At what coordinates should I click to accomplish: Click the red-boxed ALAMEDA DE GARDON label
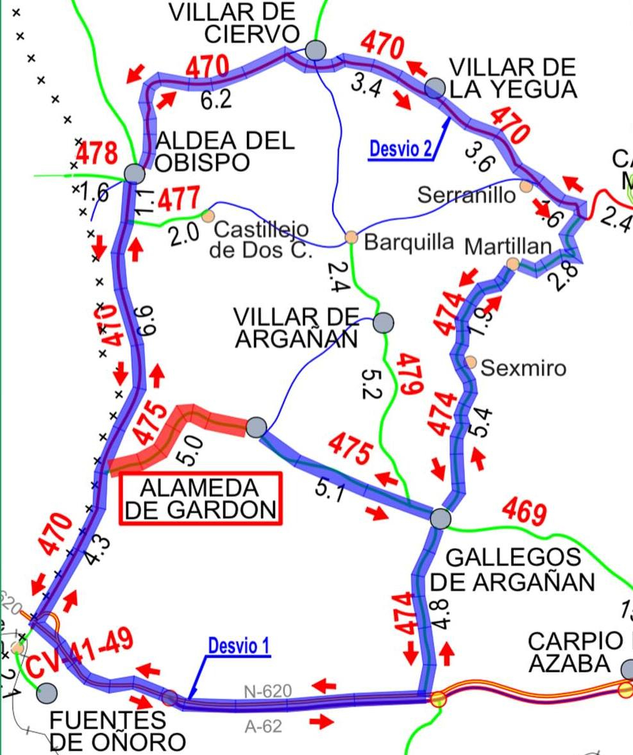point(201,499)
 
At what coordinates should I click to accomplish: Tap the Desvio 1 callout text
point(239,646)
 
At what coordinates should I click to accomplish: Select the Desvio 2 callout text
point(400,149)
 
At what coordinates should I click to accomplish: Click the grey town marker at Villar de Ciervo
point(315,49)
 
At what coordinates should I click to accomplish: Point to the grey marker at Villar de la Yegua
point(435,88)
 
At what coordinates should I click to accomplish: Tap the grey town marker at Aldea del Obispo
point(134,173)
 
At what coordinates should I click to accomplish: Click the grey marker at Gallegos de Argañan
point(440,518)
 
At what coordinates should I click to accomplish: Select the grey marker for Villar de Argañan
point(384,322)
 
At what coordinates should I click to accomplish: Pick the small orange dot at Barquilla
point(351,237)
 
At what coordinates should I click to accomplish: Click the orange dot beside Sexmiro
point(471,362)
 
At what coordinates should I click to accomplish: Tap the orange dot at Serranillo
point(526,186)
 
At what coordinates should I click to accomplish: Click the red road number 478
point(97,154)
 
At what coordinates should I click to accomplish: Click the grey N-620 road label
point(267,692)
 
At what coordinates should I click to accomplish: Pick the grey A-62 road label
point(264,727)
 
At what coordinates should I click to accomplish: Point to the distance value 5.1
point(332,489)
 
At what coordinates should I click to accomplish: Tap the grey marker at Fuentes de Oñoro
point(47,692)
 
